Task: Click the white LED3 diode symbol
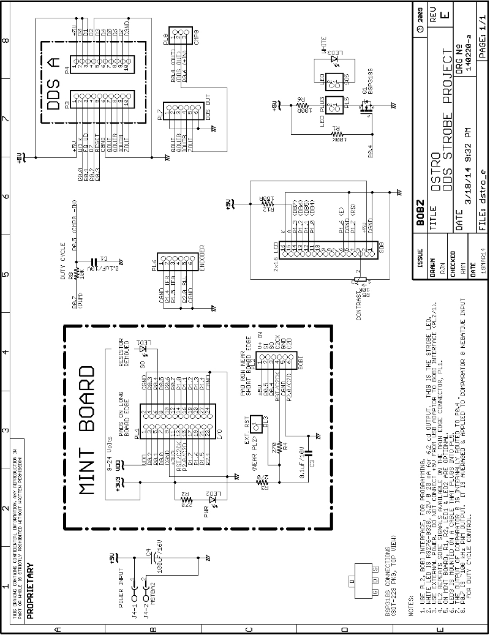334,58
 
